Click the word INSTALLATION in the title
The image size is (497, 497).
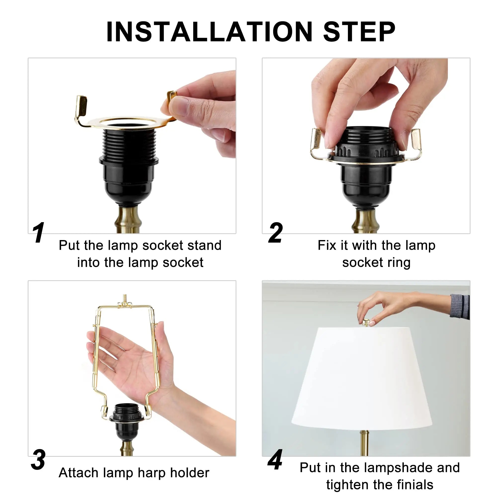209,32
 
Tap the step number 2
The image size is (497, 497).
275,233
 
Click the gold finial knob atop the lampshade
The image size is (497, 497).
366,323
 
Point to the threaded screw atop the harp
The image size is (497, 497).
125,298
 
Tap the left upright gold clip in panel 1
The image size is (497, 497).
81,105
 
